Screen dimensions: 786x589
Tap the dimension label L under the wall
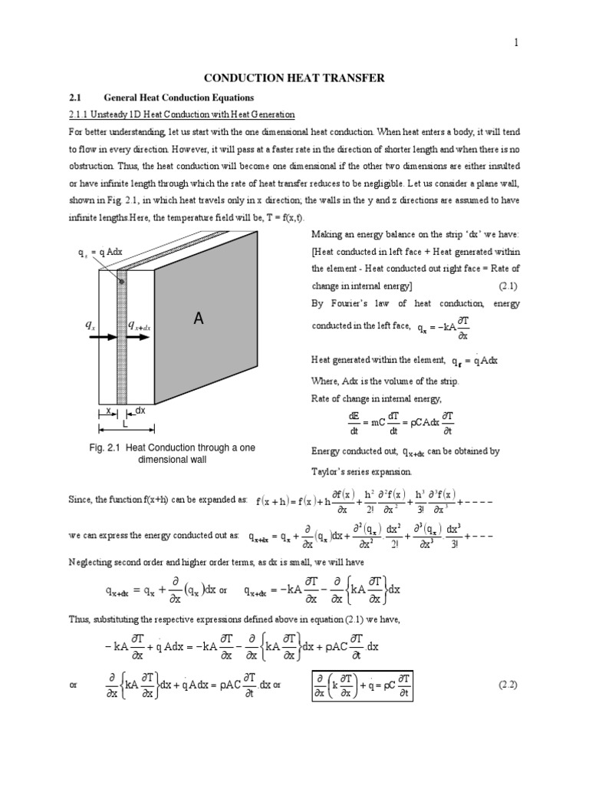[x=113, y=424]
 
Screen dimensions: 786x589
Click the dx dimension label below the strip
[x=140, y=411]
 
